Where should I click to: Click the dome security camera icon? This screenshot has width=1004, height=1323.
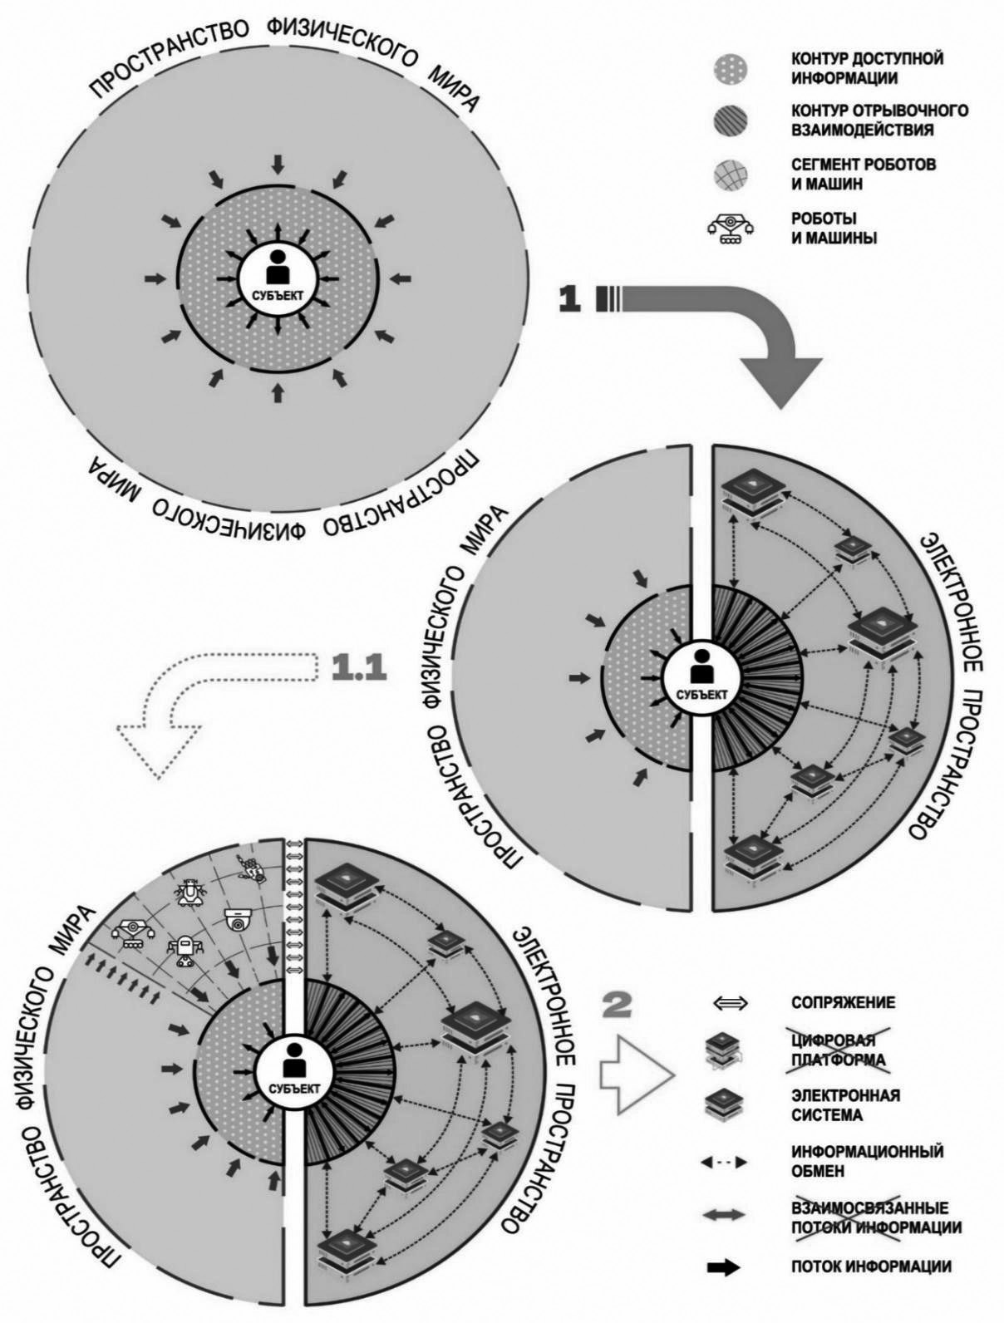click(x=239, y=919)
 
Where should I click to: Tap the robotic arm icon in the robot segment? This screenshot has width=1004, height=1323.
click(x=134, y=932)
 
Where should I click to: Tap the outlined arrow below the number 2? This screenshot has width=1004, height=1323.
click(x=641, y=1073)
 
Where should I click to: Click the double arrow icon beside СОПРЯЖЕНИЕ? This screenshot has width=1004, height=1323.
click(x=730, y=1003)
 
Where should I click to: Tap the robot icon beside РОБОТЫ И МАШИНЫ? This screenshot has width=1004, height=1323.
click(x=730, y=229)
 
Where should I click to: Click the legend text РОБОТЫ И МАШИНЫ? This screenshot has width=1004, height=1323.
click(x=834, y=229)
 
